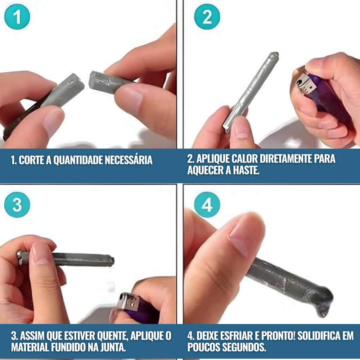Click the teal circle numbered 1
coord(17,17)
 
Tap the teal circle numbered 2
coord(207,17)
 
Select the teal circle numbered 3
coord(17,205)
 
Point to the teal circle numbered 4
coord(207,205)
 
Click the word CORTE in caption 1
coord(31,160)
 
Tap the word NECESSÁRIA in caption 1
coord(129,160)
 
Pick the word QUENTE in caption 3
coord(112,336)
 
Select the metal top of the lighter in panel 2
coord(306,85)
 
